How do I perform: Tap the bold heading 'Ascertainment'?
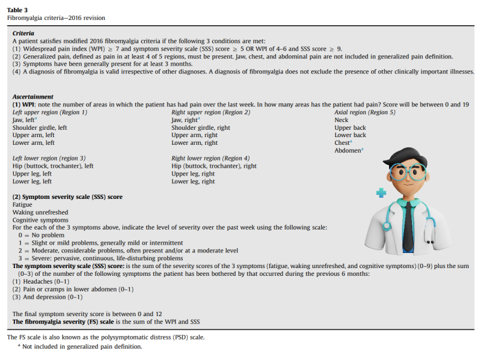[33, 97]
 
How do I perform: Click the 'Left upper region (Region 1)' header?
[50, 112]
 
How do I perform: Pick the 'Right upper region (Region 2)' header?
[211, 112]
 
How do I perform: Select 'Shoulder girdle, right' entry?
[201, 128]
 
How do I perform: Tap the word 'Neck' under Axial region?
[342, 120]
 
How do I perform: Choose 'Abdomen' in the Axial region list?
[348, 151]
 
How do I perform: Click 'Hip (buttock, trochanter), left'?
[53, 166]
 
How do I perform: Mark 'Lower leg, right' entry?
[193, 182]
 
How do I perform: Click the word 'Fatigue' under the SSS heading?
[23, 205]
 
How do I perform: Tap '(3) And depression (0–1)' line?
[47, 297]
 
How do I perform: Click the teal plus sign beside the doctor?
[381, 193]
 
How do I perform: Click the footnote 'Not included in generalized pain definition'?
[82, 347]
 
